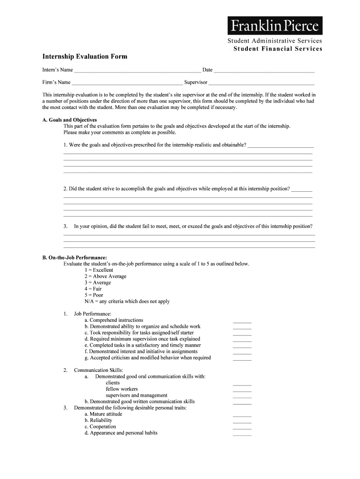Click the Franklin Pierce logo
274,25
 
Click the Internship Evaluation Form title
85,57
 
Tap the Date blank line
264,71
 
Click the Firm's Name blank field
126,83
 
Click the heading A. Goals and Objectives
70,120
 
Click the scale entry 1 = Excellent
99,270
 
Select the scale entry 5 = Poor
94,295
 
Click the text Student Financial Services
278,49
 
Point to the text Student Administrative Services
275,41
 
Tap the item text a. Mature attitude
103,414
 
